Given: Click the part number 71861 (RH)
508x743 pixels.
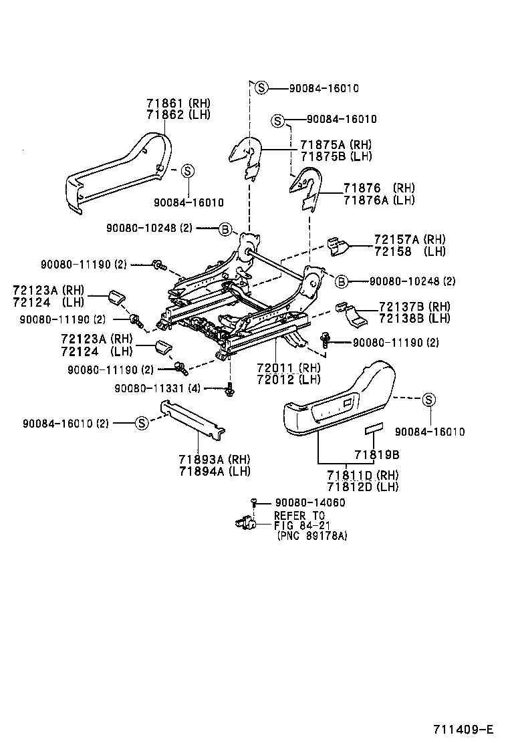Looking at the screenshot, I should tap(178, 103).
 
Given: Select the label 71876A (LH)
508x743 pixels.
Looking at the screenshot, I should tap(379, 200).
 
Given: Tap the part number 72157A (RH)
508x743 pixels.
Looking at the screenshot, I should tap(410, 239).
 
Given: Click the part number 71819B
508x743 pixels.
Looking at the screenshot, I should tap(376, 454).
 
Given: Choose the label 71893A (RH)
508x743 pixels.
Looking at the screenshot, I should tap(214, 460).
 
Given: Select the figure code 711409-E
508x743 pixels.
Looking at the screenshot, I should tap(464, 728).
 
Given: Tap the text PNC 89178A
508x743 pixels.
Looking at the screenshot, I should tap(312, 536).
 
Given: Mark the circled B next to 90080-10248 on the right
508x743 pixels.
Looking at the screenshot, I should tap(341, 281).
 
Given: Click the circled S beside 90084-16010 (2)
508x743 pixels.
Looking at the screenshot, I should tap(141, 422).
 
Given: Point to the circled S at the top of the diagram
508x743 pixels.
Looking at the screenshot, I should tap(261, 88).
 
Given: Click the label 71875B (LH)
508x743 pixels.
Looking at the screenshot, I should tap(335, 156).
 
